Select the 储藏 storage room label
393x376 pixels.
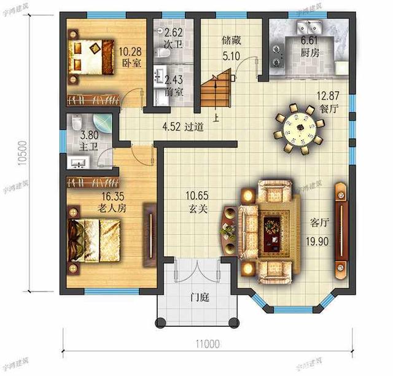[231, 41]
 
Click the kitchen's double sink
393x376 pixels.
[306, 27]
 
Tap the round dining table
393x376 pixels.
[300, 128]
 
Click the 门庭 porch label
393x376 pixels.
[199, 298]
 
